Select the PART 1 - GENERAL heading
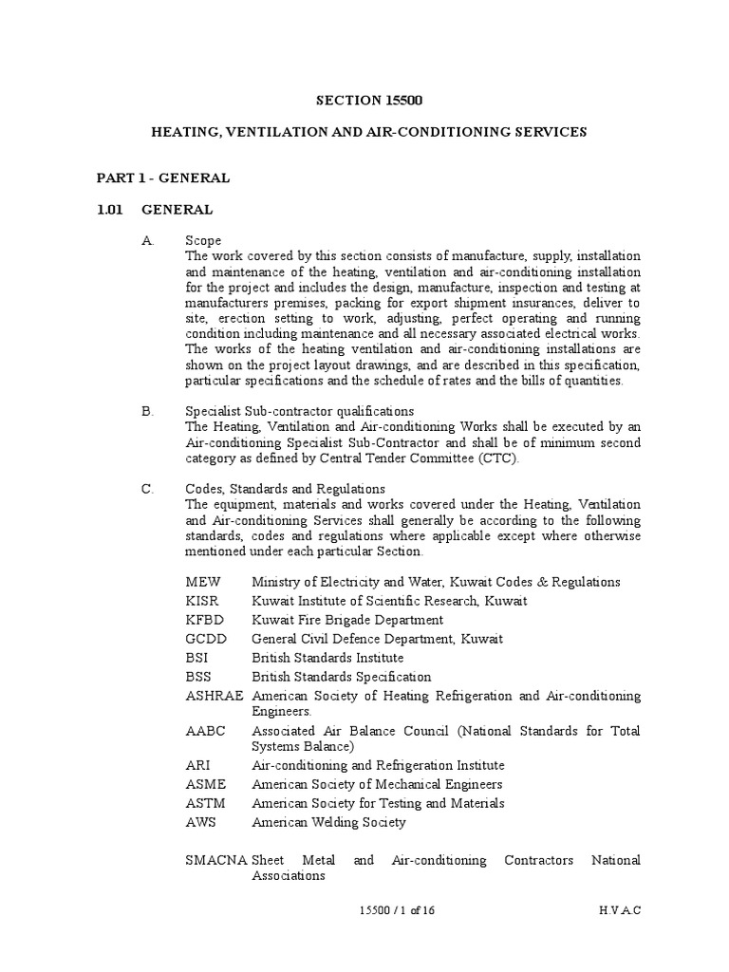coord(163,178)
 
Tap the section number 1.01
coord(111,210)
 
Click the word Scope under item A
coord(203,241)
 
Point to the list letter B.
coord(147,411)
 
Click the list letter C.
coord(147,489)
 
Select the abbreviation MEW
coord(202,582)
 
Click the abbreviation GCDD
coord(205,639)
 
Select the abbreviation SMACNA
coord(217,860)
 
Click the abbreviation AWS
coord(201,822)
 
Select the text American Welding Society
coord(327,822)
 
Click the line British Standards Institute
coord(327,658)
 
